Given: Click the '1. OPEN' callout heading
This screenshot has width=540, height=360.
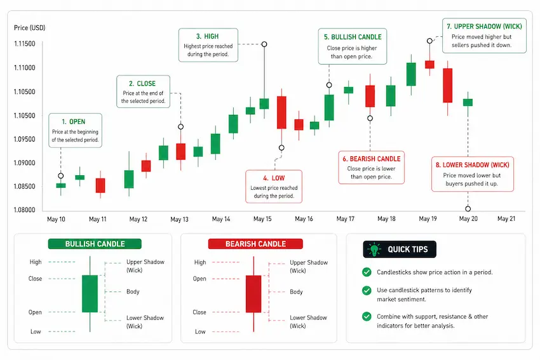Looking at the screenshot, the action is coord(73,121).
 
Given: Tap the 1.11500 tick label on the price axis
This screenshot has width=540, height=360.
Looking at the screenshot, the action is coord(24,44).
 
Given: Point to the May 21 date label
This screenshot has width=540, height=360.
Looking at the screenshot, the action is coord(506,218).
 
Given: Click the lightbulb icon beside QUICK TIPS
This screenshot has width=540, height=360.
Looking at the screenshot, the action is coord(374,249).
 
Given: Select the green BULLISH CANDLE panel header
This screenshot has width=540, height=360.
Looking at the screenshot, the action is coord(95,244).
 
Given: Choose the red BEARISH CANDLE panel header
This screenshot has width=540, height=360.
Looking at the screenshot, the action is coord(255,244).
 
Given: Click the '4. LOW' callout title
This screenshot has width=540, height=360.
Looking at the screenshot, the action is coord(274,178).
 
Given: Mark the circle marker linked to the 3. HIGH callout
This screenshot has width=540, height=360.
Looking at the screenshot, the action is coord(264,44).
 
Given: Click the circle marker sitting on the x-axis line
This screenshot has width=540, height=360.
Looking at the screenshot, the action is coord(468,208).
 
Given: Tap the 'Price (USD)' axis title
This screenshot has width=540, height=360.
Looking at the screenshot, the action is coord(30,27).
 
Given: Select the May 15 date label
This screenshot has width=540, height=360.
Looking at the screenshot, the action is coord(262,219).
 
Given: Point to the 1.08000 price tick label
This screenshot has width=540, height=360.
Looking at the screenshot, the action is coord(24,210).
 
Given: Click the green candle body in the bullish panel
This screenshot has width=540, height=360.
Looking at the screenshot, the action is coord(90,293).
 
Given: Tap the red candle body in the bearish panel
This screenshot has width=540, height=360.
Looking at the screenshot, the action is coord(253,294).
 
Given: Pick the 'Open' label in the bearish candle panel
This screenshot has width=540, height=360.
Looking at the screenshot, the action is coord(199,279).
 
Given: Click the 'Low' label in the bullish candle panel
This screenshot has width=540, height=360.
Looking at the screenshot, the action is coord(36,331).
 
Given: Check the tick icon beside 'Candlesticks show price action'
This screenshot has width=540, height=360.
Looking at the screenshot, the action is coord(367,272).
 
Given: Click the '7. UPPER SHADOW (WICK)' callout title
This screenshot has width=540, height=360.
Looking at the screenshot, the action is coord(484,27).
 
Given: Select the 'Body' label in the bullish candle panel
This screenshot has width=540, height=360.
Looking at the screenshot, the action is coord(133,291).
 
